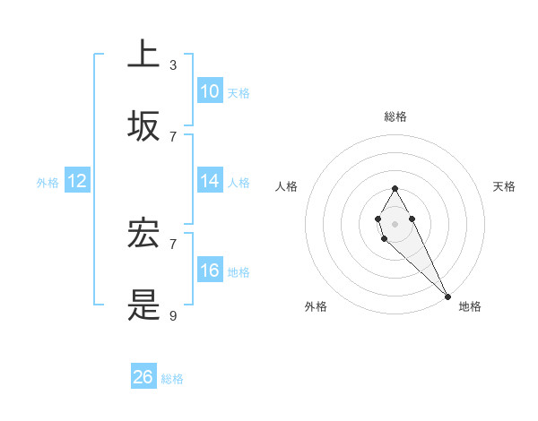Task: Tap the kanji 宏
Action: click(x=143, y=234)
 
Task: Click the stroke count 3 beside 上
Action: click(x=173, y=64)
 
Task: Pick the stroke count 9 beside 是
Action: click(x=173, y=315)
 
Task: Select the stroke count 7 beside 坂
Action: click(x=173, y=136)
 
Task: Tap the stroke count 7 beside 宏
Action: click(x=173, y=244)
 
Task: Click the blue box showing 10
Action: click(x=210, y=90)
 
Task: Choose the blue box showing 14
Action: click(x=210, y=180)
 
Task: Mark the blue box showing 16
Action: click(x=210, y=270)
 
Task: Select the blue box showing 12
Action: click(x=77, y=181)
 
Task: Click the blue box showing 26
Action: click(x=143, y=377)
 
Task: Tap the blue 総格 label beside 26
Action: click(x=172, y=379)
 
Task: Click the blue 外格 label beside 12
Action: click(x=48, y=183)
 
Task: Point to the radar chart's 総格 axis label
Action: click(x=395, y=116)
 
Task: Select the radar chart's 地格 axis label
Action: click(x=470, y=306)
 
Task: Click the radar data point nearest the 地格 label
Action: click(x=447, y=296)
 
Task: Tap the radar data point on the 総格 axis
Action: click(x=395, y=188)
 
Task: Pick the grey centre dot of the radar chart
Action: click(x=395, y=222)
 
